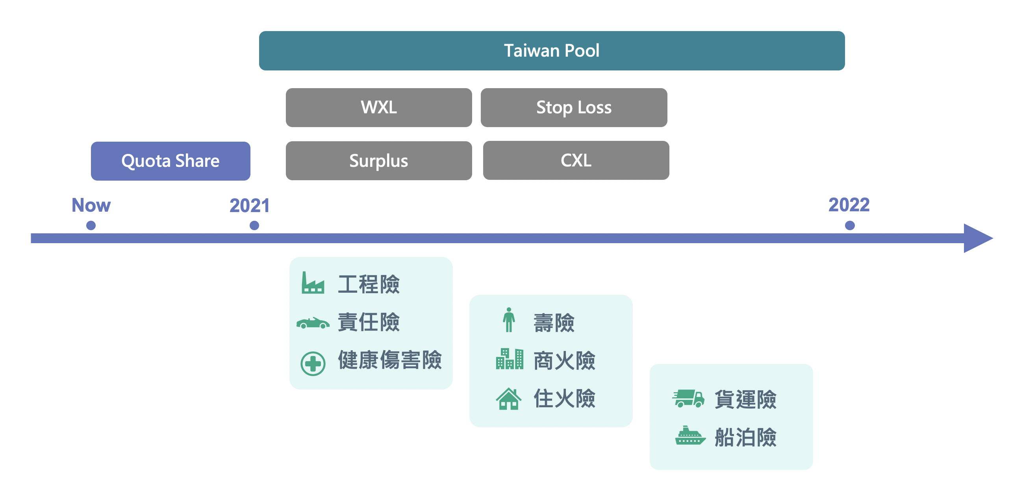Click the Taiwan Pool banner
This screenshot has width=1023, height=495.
[x=551, y=51]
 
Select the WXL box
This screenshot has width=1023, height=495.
[x=378, y=107]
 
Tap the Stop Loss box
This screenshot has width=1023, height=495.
[x=573, y=107]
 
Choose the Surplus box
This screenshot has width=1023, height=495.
[x=378, y=161]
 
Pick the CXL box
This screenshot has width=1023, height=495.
[x=576, y=161]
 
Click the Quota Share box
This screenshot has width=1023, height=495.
[x=170, y=161]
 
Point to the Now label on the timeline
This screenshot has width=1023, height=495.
[x=91, y=205]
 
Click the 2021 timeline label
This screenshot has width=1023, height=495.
[x=249, y=206]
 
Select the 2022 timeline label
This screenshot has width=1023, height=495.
[x=849, y=205]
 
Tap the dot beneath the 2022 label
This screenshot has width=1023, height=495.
[x=849, y=225]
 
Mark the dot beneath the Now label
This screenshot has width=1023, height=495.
[x=91, y=225]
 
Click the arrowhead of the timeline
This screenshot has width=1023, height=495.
[x=977, y=238]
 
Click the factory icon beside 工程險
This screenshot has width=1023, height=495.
[x=313, y=283]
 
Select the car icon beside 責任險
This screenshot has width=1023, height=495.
[x=313, y=323]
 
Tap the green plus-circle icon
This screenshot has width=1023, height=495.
[x=313, y=363]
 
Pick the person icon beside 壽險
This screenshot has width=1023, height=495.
[x=508, y=320]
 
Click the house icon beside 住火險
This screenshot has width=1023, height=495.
[x=508, y=399]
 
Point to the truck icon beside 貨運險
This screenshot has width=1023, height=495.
[x=688, y=398]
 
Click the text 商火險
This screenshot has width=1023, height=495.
[x=564, y=361]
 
